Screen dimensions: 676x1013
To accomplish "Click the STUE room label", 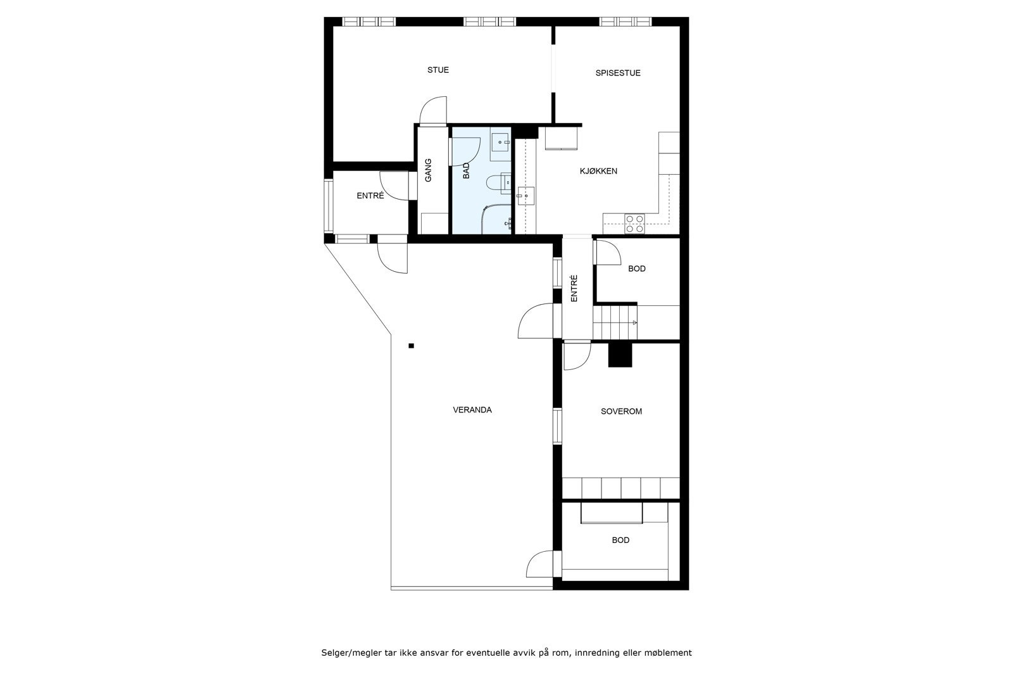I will [x=437, y=70].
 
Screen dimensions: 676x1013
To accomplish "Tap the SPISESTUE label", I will [x=618, y=73].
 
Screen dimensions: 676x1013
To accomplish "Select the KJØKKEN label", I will [x=598, y=171].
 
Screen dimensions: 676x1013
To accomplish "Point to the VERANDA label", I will [x=472, y=410].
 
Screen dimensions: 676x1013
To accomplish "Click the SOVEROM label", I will [x=621, y=411].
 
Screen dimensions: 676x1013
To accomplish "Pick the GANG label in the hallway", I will [x=429, y=170].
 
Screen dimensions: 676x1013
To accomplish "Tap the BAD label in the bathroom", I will [x=467, y=170].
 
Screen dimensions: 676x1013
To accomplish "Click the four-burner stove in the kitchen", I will [x=634, y=223].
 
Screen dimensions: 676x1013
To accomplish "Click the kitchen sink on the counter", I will [x=525, y=196].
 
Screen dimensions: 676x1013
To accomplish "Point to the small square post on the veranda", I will [x=411, y=346].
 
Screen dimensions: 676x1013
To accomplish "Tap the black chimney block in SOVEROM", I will [x=620, y=355].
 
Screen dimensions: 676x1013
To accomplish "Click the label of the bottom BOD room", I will [x=620, y=540].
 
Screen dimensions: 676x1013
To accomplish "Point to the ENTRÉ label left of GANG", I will [x=370, y=196].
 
